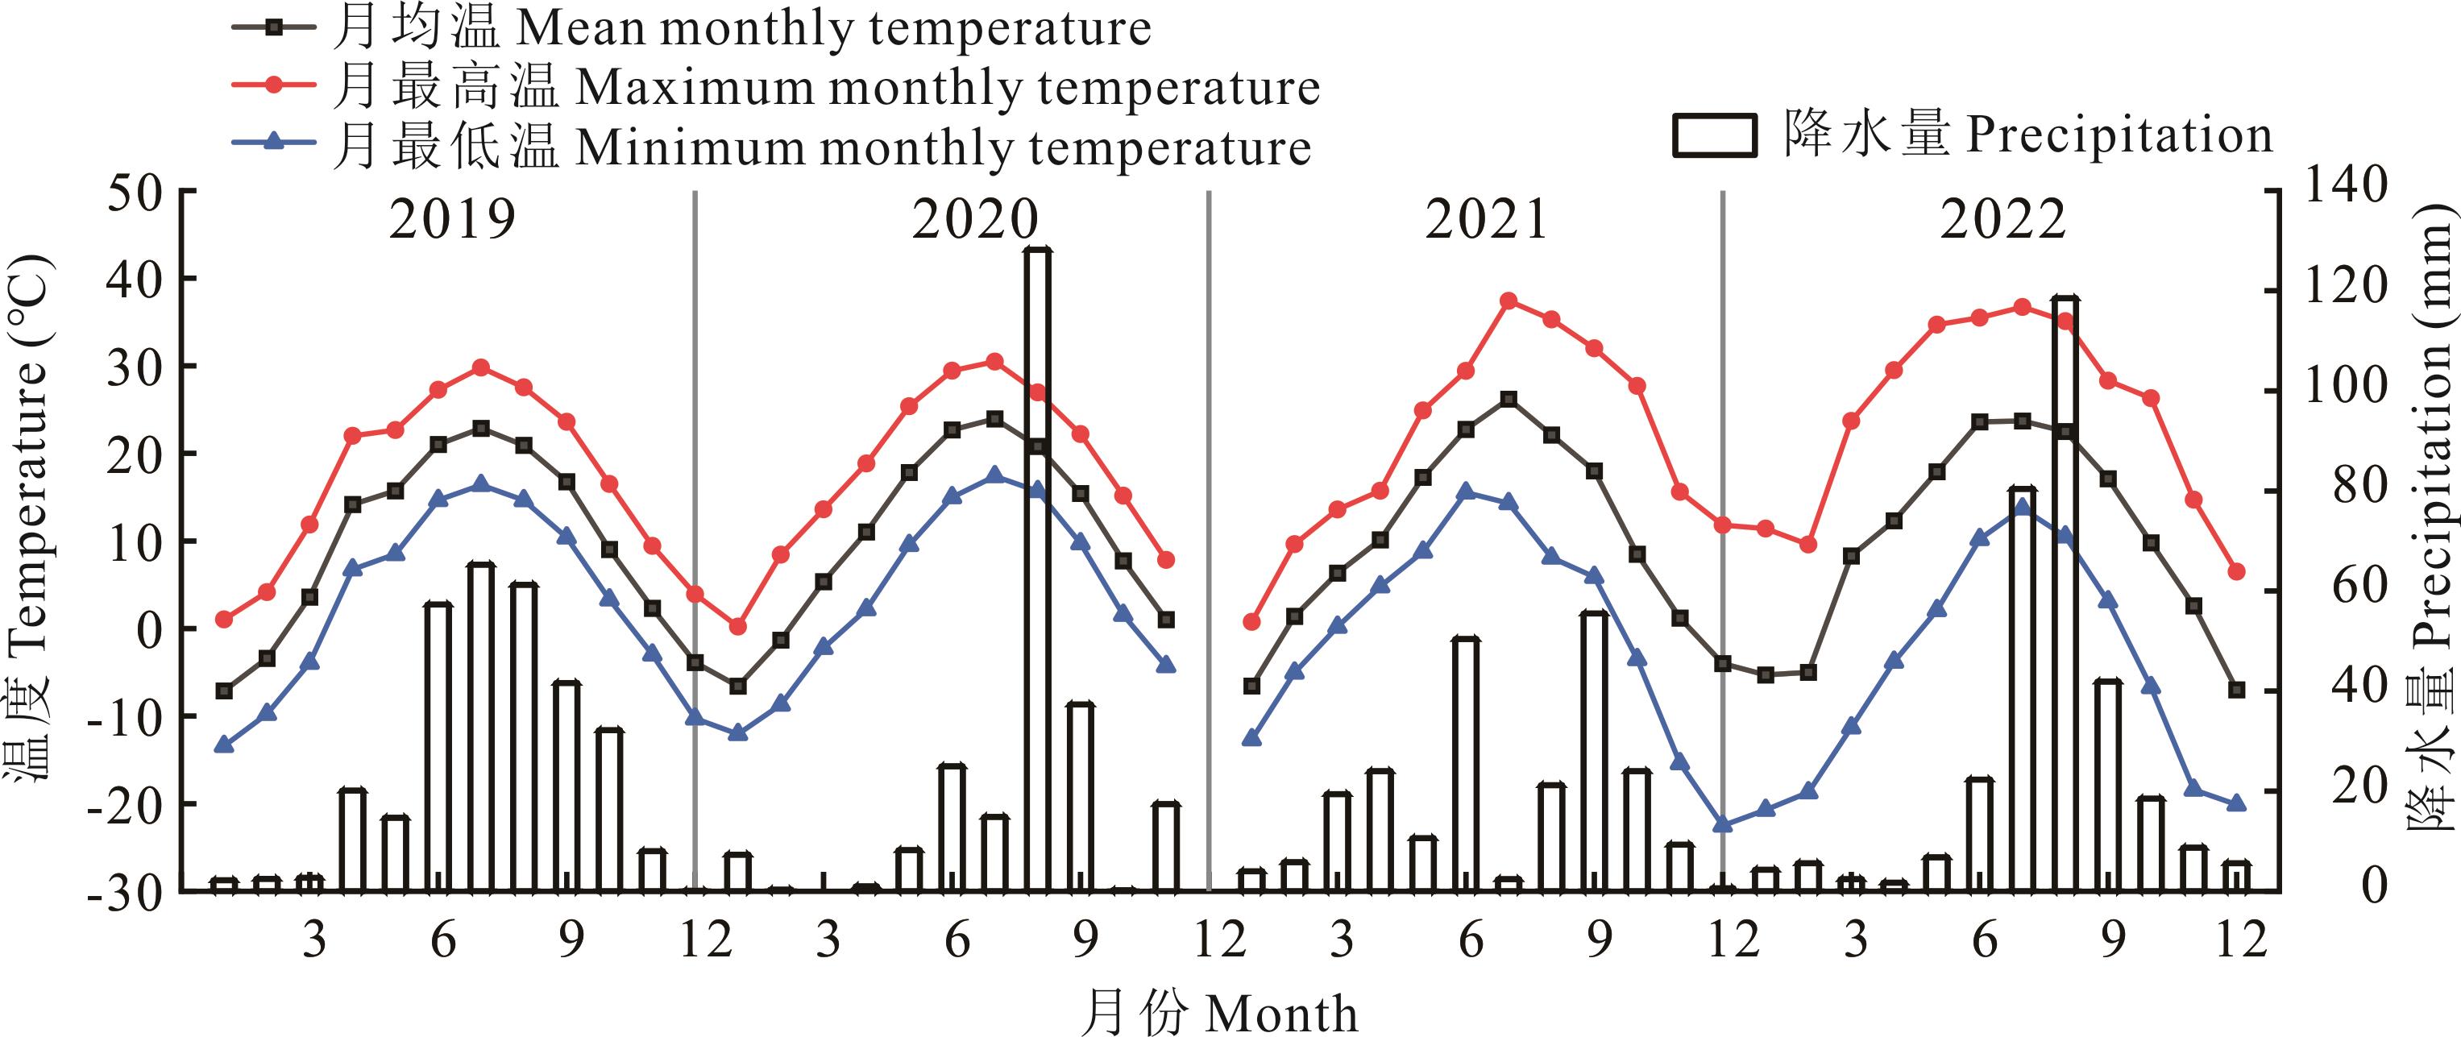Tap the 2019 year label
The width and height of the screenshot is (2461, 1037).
click(452, 221)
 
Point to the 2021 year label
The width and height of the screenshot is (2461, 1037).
click(1487, 221)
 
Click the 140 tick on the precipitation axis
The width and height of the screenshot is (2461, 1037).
click(2347, 186)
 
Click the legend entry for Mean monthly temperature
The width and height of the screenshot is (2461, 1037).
click(741, 29)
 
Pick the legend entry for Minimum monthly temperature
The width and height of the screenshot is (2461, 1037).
click(822, 148)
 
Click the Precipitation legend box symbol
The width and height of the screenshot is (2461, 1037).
click(1715, 136)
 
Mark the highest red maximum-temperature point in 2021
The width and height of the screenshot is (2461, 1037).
click(1509, 301)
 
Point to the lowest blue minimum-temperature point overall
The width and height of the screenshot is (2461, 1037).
click(1723, 824)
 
